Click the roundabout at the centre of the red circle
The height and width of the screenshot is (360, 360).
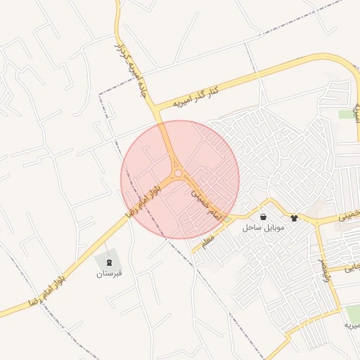(x=179, y=173)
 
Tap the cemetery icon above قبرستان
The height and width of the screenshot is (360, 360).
(x=109, y=262)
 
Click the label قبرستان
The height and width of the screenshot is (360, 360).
(x=109, y=273)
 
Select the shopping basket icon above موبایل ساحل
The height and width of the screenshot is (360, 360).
(x=263, y=217)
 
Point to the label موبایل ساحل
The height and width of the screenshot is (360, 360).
(x=262, y=228)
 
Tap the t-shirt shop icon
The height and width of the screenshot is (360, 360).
(x=294, y=218)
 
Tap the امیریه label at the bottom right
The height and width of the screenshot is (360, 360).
(x=352, y=326)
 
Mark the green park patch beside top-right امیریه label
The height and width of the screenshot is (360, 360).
(x=345, y=114)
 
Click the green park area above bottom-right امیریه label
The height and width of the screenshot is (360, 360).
(x=352, y=313)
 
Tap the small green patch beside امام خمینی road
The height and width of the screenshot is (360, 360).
(x=228, y=220)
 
